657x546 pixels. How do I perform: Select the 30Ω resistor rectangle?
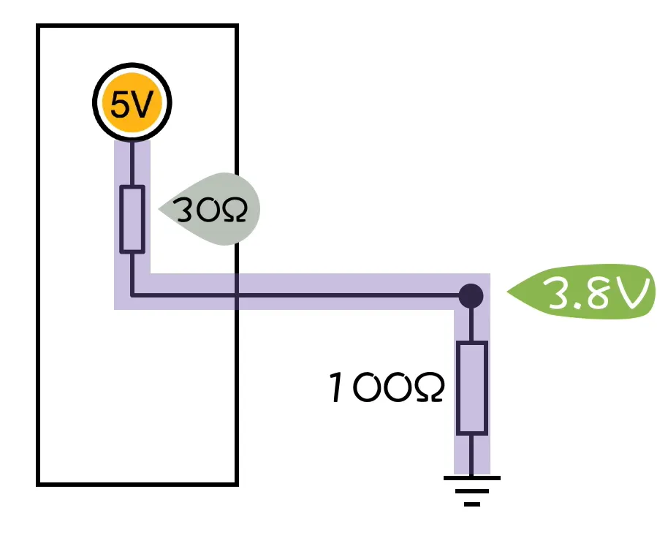(x=132, y=219)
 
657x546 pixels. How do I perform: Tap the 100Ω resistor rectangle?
(x=471, y=387)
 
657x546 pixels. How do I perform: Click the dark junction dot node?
(x=471, y=295)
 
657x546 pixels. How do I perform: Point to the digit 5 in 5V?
(x=120, y=106)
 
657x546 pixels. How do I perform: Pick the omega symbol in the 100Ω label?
(x=428, y=388)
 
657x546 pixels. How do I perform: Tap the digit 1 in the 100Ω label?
(x=337, y=388)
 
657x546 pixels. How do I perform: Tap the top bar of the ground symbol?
(x=471, y=478)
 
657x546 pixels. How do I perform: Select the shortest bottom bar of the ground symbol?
(x=471, y=504)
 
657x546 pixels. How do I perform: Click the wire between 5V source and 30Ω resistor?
(x=132, y=164)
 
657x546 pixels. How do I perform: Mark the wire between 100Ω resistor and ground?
(x=471, y=454)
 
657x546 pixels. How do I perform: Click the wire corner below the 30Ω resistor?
(x=132, y=295)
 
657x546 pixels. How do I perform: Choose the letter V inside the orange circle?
(x=143, y=106)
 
